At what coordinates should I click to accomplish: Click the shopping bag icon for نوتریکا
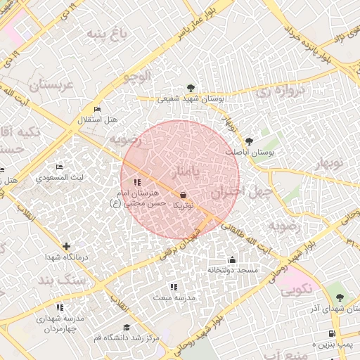click(184, 195)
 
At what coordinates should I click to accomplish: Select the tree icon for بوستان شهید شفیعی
click(191, 88)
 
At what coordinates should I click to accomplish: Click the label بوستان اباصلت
click(250, 152)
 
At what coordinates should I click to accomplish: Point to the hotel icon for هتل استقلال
click(97, 110)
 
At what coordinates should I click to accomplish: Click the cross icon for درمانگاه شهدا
click(66, 246)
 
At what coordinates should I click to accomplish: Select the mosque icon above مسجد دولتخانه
click(232, 259)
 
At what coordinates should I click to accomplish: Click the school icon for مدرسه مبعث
click(174, 287)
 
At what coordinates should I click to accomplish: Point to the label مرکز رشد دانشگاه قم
click(127, 338)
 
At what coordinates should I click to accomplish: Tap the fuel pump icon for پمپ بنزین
click(332, 333)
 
